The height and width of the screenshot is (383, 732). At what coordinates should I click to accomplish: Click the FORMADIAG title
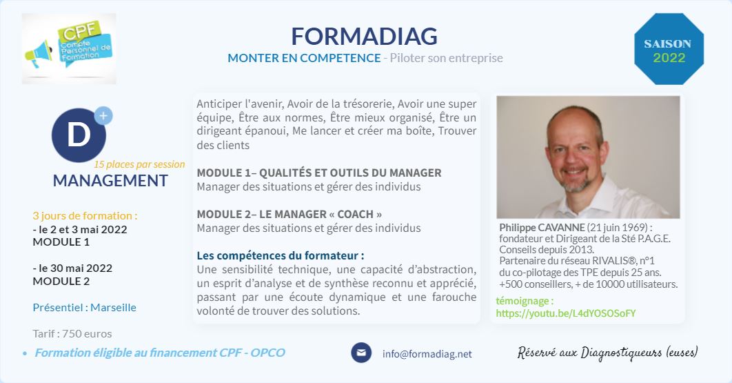coord(364,36)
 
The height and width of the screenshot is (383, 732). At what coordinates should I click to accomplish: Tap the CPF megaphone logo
coord(69,48)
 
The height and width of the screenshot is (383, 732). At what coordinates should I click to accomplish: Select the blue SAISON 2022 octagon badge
coord(669,49)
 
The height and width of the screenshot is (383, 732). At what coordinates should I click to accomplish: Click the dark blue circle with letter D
coord(79,135)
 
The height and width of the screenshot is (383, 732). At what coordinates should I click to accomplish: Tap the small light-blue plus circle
coord(103,116)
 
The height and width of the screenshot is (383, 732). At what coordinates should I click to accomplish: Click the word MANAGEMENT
coord(110,181)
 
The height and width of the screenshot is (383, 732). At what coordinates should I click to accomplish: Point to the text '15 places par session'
coord(139,164)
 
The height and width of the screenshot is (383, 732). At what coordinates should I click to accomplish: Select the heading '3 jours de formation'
coord(85,215)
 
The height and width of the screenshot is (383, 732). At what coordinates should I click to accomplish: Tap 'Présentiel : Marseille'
coord(85,307)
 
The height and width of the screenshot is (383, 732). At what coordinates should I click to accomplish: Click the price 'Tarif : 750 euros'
coord(72,333)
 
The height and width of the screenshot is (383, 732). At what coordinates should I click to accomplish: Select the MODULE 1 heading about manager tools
coord(319,173)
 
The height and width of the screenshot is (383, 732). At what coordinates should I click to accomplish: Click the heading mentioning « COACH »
coord(289,214)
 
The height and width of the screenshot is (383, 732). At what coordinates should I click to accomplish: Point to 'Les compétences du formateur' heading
coord(280,255)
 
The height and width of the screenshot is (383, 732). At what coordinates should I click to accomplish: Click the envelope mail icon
coord(361,353)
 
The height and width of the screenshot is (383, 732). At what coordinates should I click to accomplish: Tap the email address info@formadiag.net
coord(427,354)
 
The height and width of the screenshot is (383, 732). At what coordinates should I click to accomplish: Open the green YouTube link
coord(566,313)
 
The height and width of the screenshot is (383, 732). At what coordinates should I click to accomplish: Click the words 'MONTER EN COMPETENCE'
coord(304,58)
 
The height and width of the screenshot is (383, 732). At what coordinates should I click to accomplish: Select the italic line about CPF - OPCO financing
coord(160,353)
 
